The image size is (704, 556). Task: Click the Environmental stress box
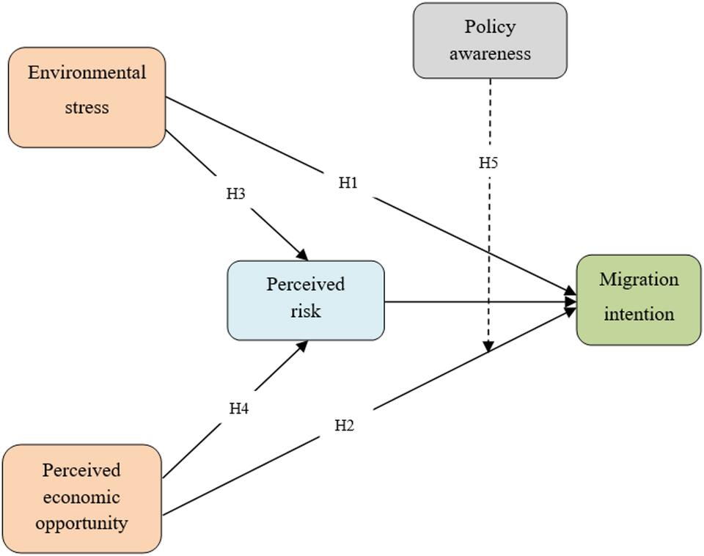click(87, 98)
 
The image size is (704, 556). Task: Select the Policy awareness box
click(490, 40)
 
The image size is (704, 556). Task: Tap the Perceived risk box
click(306, 300)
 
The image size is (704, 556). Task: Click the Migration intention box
click(639, 300)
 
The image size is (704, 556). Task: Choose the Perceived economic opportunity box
click(81, 498)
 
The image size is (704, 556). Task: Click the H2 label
click(344, 425)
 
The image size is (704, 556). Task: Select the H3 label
click(235, 194)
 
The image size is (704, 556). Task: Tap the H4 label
click(239, 409)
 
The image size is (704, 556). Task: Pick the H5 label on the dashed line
click(488, 163)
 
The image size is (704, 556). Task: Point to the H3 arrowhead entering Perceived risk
click(302, 254)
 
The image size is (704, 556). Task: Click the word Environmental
click(87, 73)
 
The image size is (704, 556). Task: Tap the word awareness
click(490, 54)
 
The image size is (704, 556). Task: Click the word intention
click(639, 314)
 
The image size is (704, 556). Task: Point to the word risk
click(305, 311)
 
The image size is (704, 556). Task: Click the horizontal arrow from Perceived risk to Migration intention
click(477, 301)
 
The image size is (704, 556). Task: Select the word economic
click(81, 497)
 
